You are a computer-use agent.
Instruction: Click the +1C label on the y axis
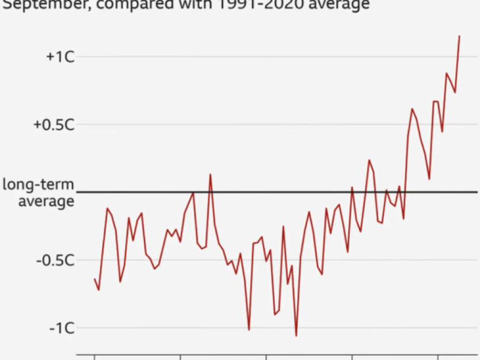pyautogui.click(x=60, y=57)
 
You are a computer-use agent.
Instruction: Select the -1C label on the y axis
pyautogui.click(x=61, y=328)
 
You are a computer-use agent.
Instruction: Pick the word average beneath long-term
pyautogui.click(x=46, y=202)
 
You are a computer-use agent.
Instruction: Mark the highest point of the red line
pyautogui.click(x=459, y=36)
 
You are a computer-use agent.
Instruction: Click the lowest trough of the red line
pyautogui.click(x=296, y=335)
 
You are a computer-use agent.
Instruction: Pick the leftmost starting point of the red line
pyautogui.click(x=94, y=279)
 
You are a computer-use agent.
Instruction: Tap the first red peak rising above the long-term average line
pyautogui.click(x=210, y=174)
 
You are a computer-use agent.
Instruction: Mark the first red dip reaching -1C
pyautogui.click(x=249, y=330)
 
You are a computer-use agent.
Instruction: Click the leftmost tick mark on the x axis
pyautogui.click(x=94, y=357)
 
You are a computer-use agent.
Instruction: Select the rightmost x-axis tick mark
pyautogui.click(x=438, y=357)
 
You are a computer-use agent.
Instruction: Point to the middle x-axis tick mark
pyautogui.click(x=266, y=357)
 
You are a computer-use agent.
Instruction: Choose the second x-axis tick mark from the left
pyautogui.click(x=180, y=357)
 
